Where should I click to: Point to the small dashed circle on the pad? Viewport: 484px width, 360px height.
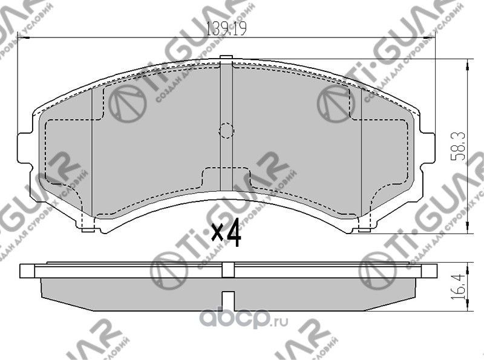pos(226,130)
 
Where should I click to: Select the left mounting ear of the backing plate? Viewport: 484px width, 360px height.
pos(24,146)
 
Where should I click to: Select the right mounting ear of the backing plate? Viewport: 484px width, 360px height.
pos(428,146)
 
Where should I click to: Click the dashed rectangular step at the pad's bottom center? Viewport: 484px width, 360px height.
pos(226,175)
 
